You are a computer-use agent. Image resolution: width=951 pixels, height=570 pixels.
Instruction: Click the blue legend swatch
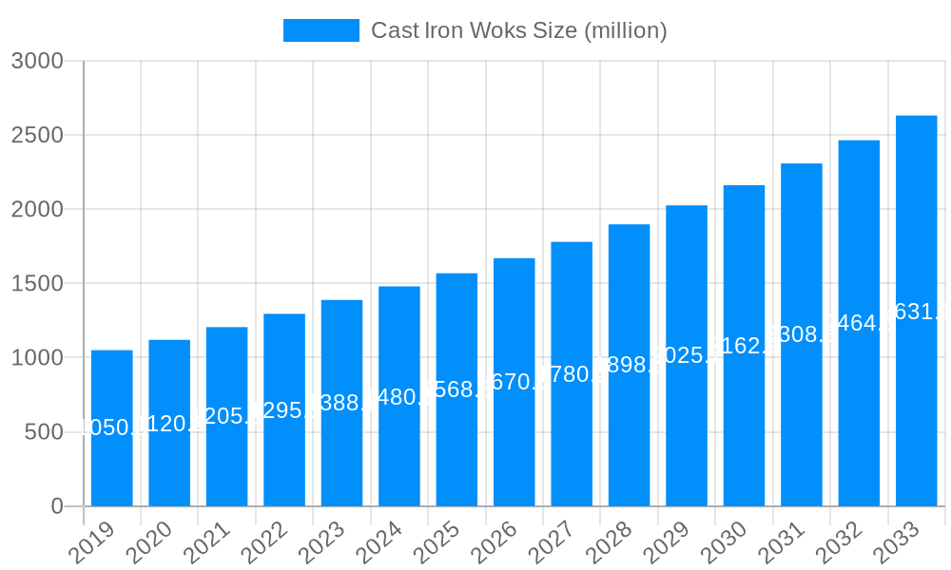click(321, 30)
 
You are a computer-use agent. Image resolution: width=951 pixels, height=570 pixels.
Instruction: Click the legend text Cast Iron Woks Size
click(518, 30)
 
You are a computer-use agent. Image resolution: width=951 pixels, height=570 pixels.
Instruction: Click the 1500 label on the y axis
click(37, 283)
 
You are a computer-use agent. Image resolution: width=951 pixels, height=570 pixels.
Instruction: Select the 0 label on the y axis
click(56, 506)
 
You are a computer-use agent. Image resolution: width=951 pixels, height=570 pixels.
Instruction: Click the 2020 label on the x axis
click(149, 543)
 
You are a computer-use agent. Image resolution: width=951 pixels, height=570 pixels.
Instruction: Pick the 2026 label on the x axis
click(494, 543)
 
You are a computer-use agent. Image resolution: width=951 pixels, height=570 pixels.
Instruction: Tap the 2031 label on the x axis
click(781, 543)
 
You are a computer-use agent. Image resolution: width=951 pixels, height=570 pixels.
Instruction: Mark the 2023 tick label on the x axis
click(321, 543)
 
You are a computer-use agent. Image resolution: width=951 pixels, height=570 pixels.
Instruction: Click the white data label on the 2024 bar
click(399, 397)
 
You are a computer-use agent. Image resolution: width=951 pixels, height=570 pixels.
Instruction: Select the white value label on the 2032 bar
click(859, 323)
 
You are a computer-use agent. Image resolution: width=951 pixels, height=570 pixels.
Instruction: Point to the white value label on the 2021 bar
click(227, 415)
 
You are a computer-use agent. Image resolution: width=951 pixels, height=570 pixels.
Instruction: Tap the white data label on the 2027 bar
click(572, 374)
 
